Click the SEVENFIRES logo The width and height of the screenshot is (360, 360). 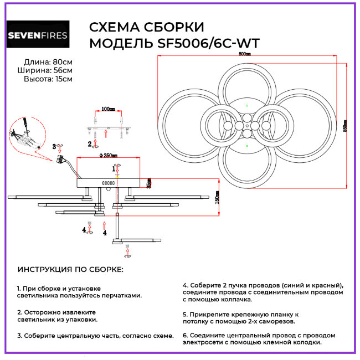37,36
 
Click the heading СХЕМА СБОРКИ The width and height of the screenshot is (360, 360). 146,28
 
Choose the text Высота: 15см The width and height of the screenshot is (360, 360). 48,79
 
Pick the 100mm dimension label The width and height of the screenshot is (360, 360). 108,109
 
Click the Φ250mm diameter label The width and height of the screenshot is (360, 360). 111,156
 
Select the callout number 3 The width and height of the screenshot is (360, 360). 55,147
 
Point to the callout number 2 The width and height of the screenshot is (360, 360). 90,144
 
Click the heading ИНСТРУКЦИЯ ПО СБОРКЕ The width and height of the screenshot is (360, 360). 70,269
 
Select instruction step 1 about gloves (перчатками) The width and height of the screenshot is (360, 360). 79,292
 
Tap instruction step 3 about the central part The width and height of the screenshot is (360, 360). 95,335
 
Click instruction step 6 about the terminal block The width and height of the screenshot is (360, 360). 259,338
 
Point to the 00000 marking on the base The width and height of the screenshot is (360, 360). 109,182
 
